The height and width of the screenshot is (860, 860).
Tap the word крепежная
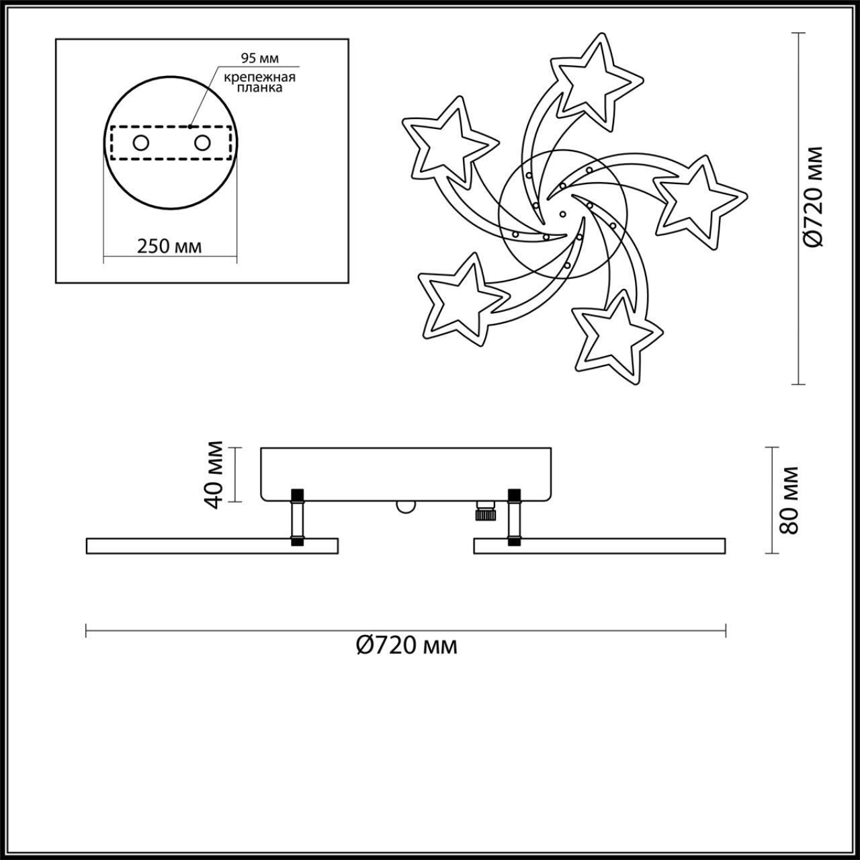261,77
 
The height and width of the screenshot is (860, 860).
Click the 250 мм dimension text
169,246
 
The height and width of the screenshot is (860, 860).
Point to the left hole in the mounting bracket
141,142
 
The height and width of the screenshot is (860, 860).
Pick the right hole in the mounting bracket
202,142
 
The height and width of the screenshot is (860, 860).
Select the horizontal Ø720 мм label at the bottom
406,646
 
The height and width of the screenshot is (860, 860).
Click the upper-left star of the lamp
446,142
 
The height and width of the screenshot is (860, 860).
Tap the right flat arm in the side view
599,546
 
